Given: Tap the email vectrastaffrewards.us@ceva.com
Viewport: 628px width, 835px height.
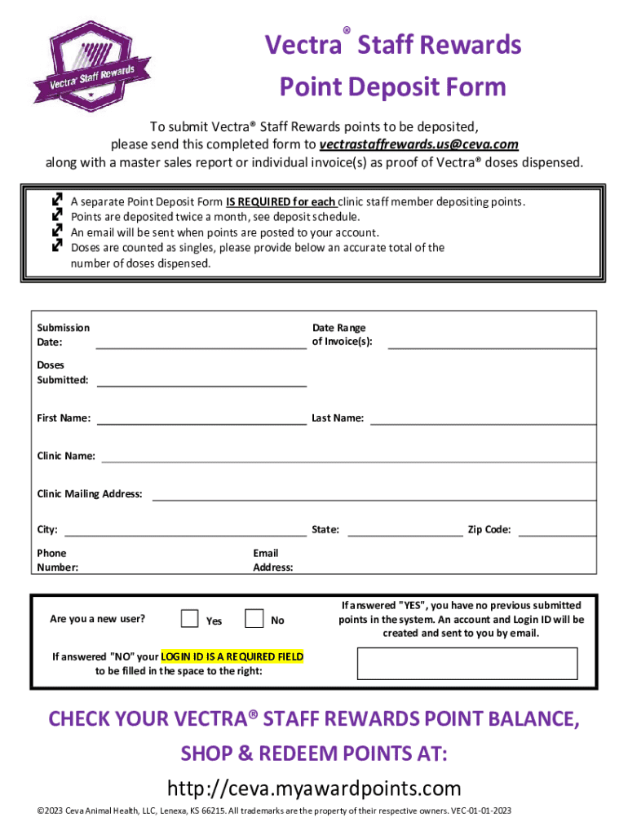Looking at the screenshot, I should [418, 144].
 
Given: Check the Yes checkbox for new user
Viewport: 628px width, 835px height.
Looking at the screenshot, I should [189, 619].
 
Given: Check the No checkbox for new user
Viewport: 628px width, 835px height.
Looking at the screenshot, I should [254, 619].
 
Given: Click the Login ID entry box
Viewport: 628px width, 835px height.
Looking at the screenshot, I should [467, 663].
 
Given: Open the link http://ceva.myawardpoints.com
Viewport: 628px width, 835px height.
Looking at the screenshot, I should [314, 789].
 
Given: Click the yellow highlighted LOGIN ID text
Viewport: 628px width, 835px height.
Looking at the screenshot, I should [232, 656].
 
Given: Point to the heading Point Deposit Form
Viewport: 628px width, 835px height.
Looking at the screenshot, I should [392, 87].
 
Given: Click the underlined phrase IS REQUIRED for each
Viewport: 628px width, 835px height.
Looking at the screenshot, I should [281, 201].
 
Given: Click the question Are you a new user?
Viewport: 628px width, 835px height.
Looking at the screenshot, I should [98, 618].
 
